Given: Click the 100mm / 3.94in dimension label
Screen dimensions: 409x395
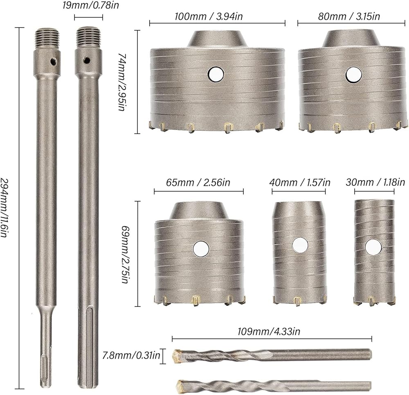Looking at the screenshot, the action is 209,16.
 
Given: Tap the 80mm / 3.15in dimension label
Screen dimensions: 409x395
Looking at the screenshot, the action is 349,16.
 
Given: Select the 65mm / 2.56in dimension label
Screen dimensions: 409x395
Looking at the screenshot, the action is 198,183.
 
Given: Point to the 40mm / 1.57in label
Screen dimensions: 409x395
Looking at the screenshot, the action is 300,183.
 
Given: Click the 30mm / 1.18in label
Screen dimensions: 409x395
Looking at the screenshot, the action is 375,182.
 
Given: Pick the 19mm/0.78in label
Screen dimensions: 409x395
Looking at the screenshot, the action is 91,5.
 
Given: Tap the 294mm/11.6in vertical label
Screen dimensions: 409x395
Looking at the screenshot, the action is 4,208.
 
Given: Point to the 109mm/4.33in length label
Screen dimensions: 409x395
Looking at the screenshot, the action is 269,331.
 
